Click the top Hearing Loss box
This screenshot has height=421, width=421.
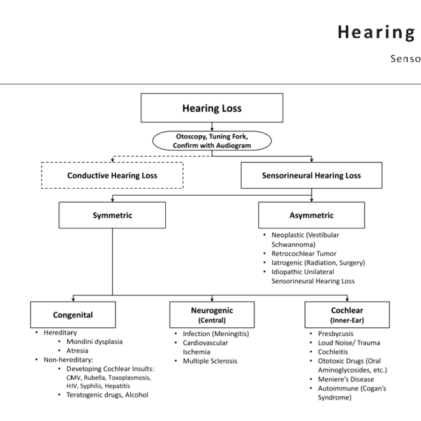pos(212,108)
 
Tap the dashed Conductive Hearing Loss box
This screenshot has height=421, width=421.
pos(112,175)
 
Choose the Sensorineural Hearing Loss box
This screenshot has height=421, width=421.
pos(311,175)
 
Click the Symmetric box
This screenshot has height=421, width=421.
pos(112,215)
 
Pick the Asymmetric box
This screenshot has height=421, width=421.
pos(311,215)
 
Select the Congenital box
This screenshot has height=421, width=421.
pos(73,314)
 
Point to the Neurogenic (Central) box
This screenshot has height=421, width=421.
pos(212,314)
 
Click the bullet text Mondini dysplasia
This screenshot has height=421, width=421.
pos(94,341)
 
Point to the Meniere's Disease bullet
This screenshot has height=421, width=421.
pos(348,380)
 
